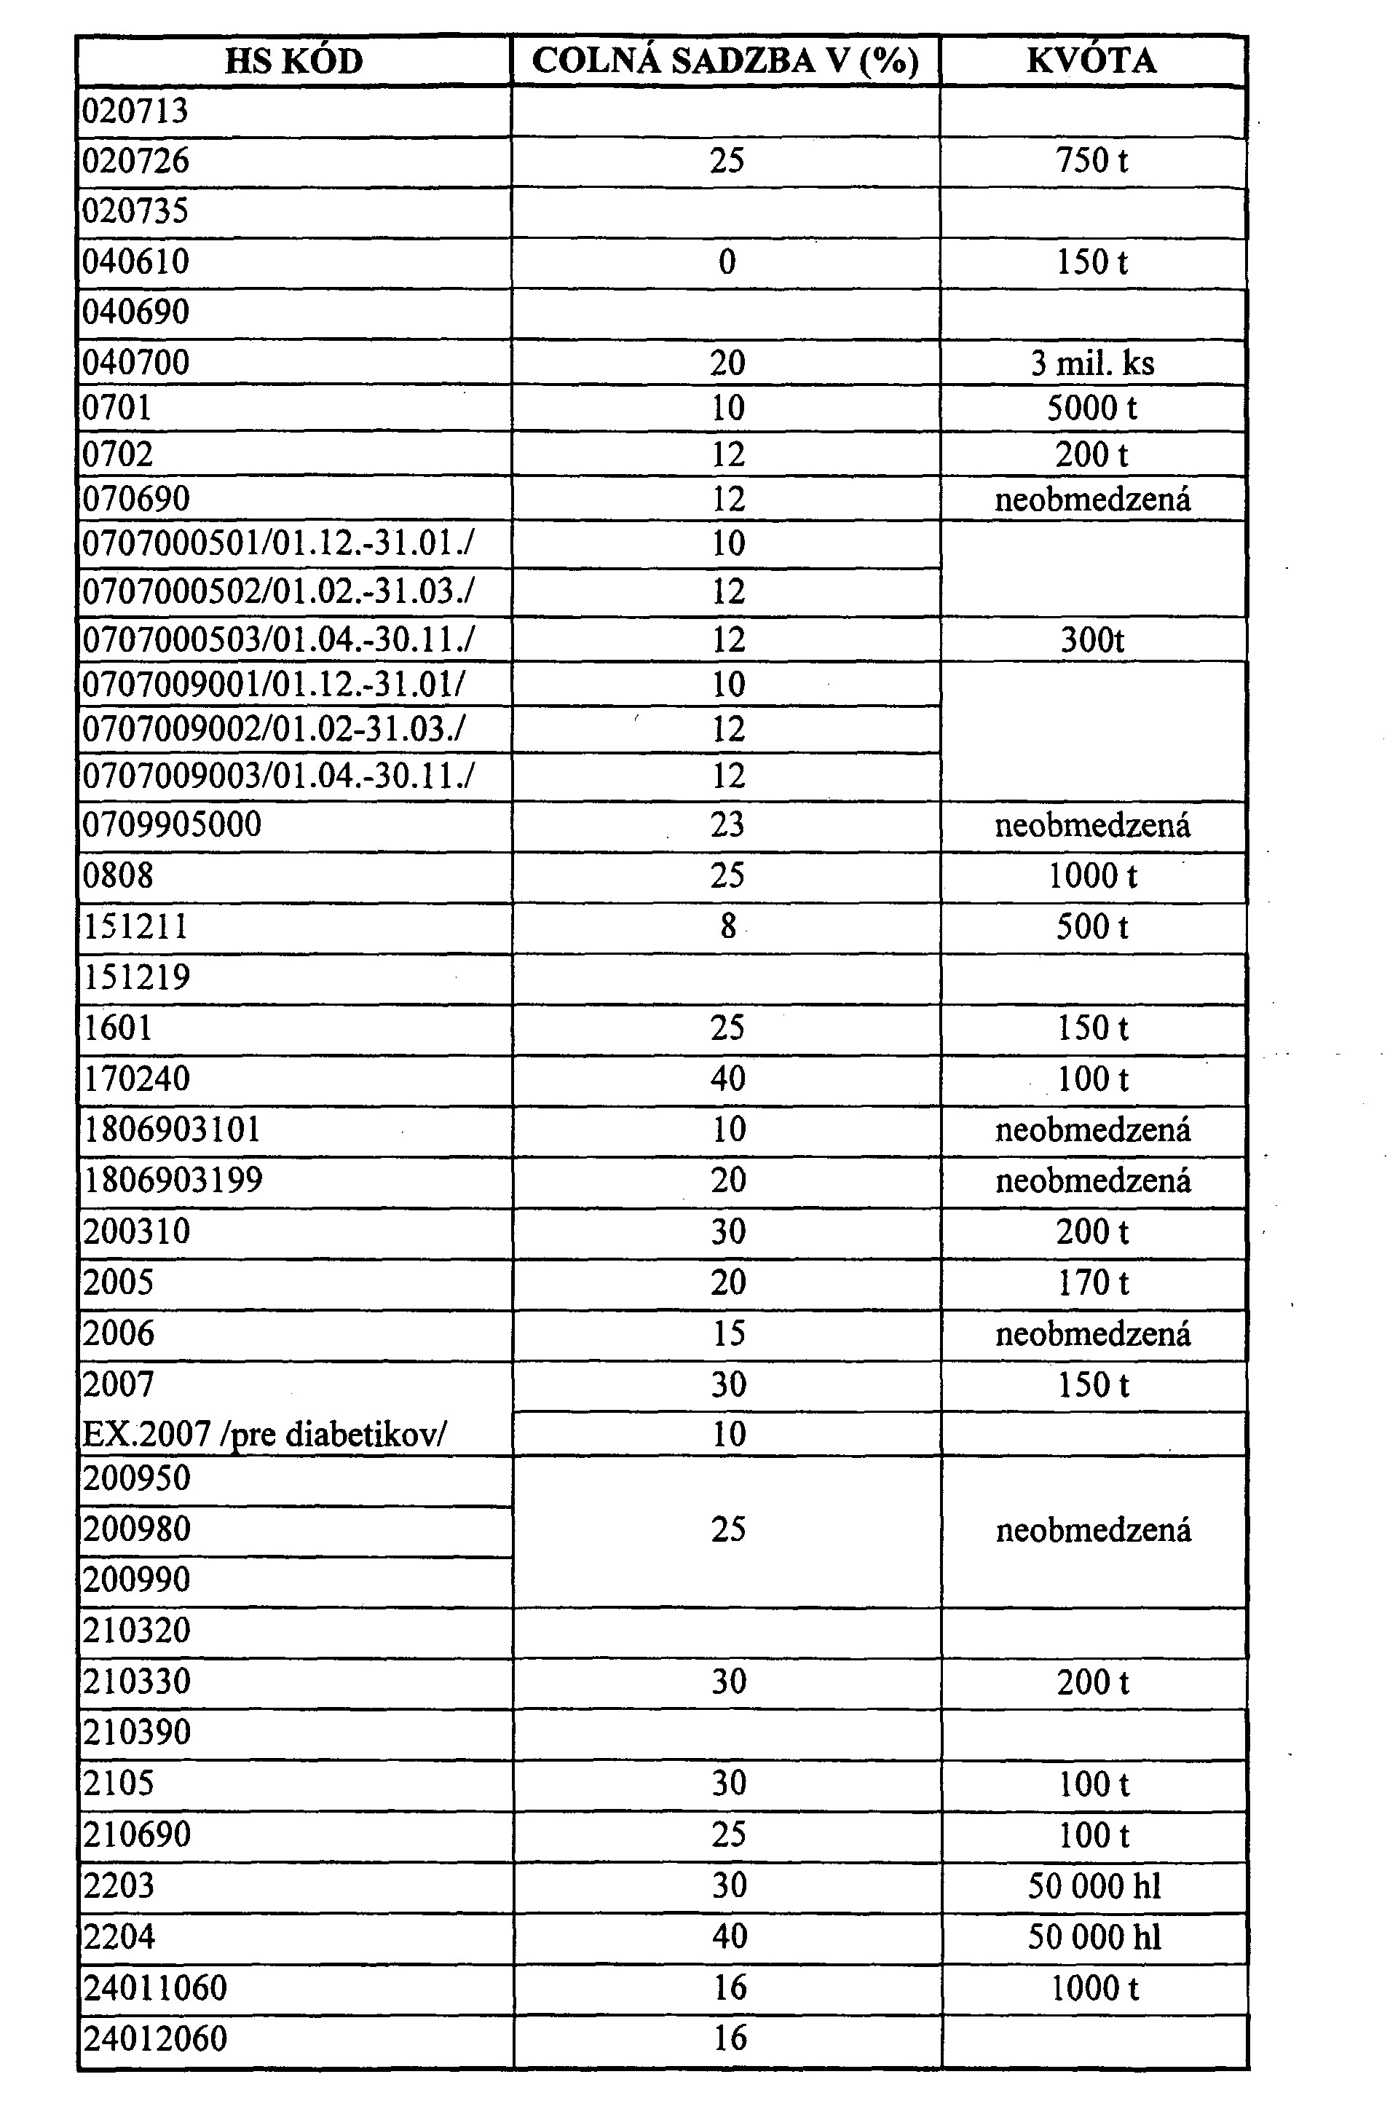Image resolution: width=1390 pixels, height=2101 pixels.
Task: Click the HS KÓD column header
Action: [x=293, y=61]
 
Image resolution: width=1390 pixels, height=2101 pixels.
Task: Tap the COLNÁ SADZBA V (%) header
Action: [x=725, y=61]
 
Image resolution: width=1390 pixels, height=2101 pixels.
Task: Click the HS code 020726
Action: [x=135, y=162]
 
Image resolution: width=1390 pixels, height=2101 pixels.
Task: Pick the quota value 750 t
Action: [x=1091, y=162]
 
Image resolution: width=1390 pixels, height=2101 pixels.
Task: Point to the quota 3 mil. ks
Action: [x=1091, y=363]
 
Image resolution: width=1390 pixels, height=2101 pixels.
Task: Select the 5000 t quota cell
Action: [x=1091, y=409]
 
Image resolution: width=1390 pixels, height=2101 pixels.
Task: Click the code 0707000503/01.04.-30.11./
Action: [x=277, y=640]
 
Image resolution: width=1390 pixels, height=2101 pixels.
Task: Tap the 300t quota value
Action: [x=1091, y=640]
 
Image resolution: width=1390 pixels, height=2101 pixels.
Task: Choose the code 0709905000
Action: [x=172, y=825]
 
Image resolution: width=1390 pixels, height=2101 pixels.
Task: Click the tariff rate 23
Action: [x=727, y=825]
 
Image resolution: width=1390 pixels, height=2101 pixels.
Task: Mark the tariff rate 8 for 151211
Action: [x=727, y=927]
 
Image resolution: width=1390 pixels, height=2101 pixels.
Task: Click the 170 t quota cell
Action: [x=1092, y=1282]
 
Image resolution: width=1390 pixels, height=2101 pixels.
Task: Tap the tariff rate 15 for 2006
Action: [x=728, y=1334]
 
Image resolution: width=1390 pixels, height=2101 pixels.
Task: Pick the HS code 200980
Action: [x=136, y=1529]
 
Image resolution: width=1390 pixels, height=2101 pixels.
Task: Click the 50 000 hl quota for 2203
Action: [x=1094, y=1886]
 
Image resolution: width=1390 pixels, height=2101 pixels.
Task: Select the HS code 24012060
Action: [x=155, y=2038]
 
